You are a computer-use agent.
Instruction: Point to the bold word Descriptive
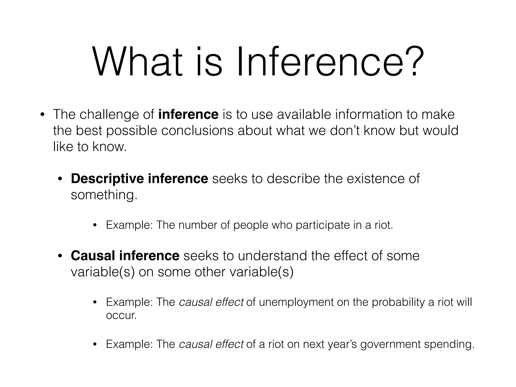pos(107,179)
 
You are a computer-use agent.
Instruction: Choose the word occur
pos(121,315)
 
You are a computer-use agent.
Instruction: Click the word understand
pos(272,256)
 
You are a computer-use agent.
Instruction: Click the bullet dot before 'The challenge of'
pos(42,115)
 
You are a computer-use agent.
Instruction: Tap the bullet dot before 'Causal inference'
pos(60,256)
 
